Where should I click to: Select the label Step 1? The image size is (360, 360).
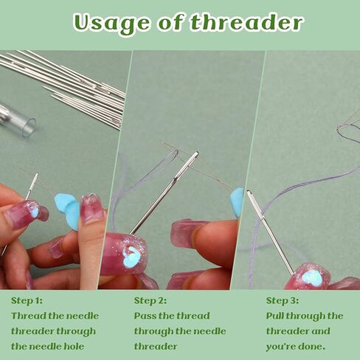27,300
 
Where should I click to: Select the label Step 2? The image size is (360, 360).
150,300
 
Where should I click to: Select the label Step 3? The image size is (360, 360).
282,300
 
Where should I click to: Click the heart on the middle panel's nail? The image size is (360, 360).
132,257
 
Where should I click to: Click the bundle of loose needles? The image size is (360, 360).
70,85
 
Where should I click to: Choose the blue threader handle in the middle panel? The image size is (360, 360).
237,201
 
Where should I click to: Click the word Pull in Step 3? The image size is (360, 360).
277,316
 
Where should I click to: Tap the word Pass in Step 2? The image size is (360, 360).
146,316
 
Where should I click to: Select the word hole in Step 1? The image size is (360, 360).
74,346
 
